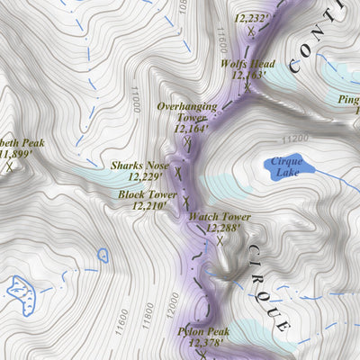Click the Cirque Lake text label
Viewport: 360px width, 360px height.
pyautogui.click(x=289, y=166)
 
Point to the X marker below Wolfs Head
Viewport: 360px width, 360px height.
pyautogui.click(x=246, y=86)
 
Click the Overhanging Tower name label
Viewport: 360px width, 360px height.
pyautogui.click(x=187, y=112)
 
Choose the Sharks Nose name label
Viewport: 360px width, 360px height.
pyautogui.click(x=139, y=166)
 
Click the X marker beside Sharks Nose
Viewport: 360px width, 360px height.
pyautogui.click(x=178, y=171)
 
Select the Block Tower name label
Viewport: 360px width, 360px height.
pyautogui.click(x=147, y=193)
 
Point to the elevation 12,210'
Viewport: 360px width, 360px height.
pyautogui.click(x=151, y=206)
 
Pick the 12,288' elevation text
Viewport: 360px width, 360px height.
pyautogui.click(x=225, y=229)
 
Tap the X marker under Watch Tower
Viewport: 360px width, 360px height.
pyautogui.click(x=219, y=240)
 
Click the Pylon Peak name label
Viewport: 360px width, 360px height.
pyautogui.click(x=202, y=331)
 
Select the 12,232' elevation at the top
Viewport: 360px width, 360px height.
pyautogui.click(x=251, y=17)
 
